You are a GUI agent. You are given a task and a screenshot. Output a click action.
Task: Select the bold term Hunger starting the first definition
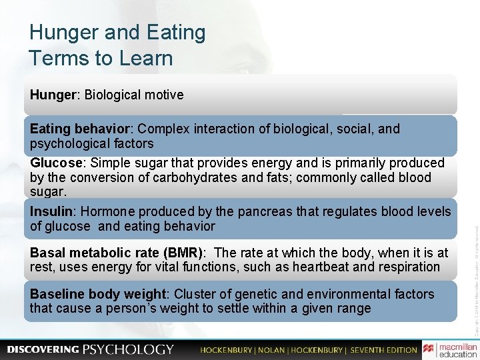(x=53, y=95)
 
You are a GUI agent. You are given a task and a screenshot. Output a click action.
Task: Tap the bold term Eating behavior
(x=80, y=128)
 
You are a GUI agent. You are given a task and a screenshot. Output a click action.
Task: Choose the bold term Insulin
(x=51, y=211)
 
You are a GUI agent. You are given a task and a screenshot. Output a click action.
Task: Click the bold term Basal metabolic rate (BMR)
(x=117, y=253)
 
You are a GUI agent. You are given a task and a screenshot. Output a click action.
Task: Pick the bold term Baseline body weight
(x=97, y=294)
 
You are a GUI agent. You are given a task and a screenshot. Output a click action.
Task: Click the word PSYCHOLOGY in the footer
(x=129, y=349)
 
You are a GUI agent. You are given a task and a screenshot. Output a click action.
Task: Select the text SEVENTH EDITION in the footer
(x=384, y=349)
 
